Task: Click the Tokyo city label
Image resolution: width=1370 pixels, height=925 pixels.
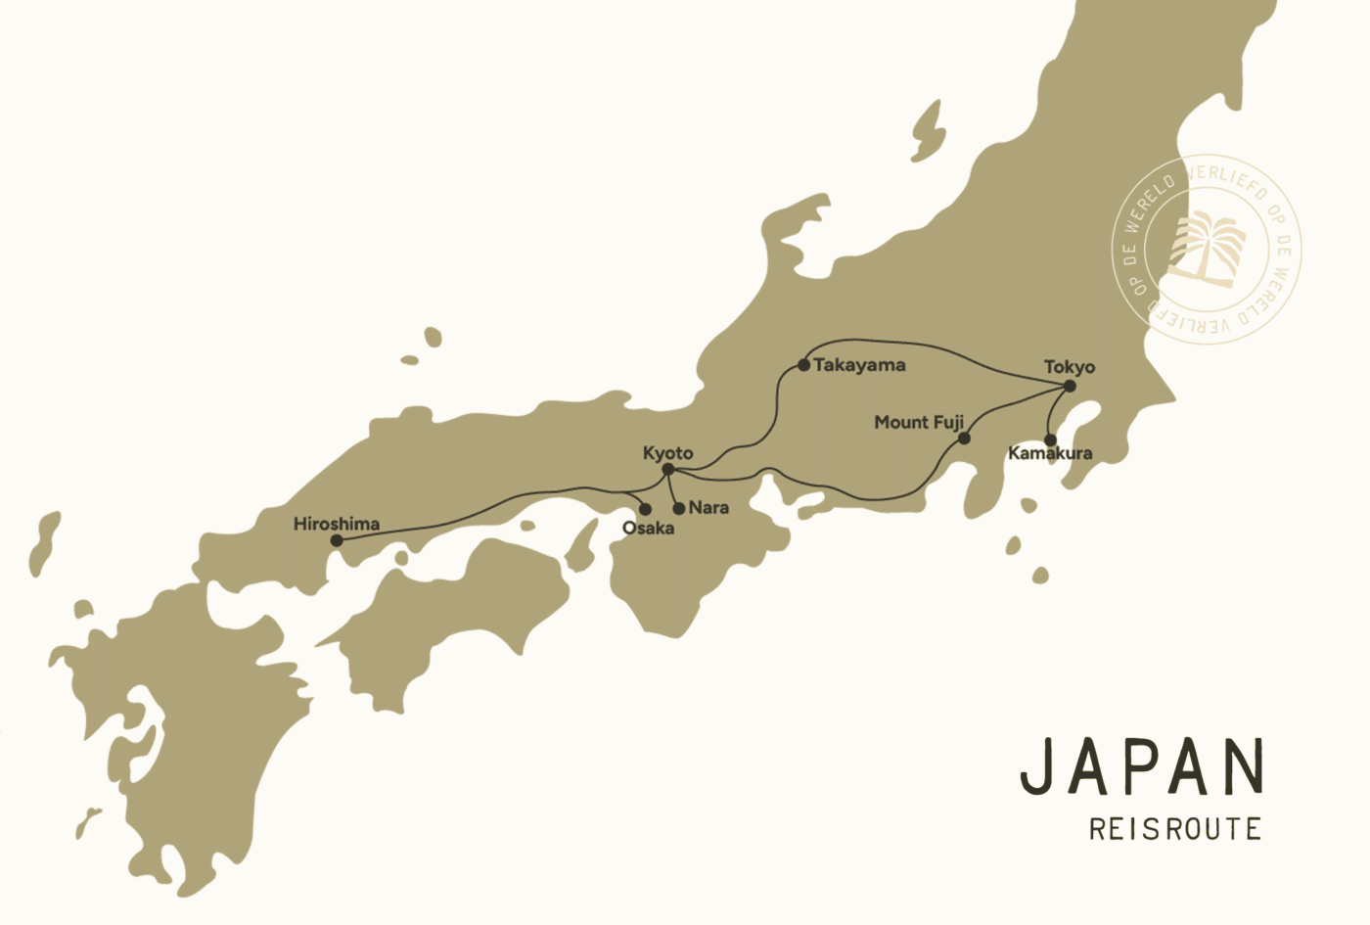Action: pyautogui.click(x=1069, y=367)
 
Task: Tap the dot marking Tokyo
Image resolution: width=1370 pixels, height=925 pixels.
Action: pyautogui.click(x=1070, y=386)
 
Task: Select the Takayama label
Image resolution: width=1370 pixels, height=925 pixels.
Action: pyautogui.click(x=859, y=365)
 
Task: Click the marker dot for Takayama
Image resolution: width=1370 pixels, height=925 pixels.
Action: pyautogui.click(x=803, y=365)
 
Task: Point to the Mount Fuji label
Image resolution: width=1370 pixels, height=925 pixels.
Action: pyautogui.click(x=918, y=422)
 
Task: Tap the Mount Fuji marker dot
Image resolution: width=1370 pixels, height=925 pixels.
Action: pyautogui.click(x=964, y=438)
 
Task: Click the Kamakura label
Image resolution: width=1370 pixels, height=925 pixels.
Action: pyautogui.click(x=1050, y=453)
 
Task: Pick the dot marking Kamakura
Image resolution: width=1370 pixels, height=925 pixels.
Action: pyautogui.click(x=1050, y=439)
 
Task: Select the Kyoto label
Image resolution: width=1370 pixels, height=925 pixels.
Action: pyautogui.click(x=667, y=453)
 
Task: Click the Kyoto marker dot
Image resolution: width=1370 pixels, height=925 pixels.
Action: pyautogui.click(x=668, y=470)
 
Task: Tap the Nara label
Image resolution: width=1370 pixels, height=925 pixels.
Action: pyautogui.click(x=708, y=508)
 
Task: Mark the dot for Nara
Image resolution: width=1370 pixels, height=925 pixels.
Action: pyautogui.click(x=679, y=509)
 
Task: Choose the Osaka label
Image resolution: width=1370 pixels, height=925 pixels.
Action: pyautogui.click(x=648, y=529)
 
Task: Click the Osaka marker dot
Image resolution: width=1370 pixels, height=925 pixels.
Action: pyautogui.click(x=645, y=509)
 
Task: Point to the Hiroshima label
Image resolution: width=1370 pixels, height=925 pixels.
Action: pyautogui.click(x=336, y=524)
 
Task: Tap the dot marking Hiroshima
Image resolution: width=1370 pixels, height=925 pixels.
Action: pyautogui.click(x=337, y=540)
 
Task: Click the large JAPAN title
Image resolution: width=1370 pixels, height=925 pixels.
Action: pyautogui.click(x=1142, y=767)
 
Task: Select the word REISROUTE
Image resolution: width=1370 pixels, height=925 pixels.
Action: pyautogui.click(x=1175, y=829)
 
